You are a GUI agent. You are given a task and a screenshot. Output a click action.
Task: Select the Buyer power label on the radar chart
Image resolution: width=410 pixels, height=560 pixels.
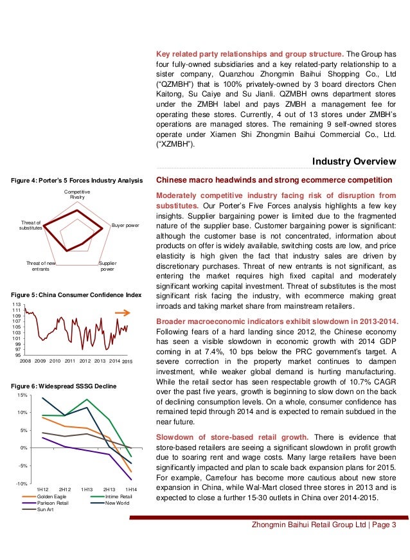(x=125, y=226)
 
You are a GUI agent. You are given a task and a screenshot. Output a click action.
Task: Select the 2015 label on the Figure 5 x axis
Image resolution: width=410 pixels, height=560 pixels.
(x=127, y=363)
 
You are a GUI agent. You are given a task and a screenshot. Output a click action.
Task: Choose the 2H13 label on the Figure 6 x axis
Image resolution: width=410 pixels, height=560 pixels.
(x=109, y=490)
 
